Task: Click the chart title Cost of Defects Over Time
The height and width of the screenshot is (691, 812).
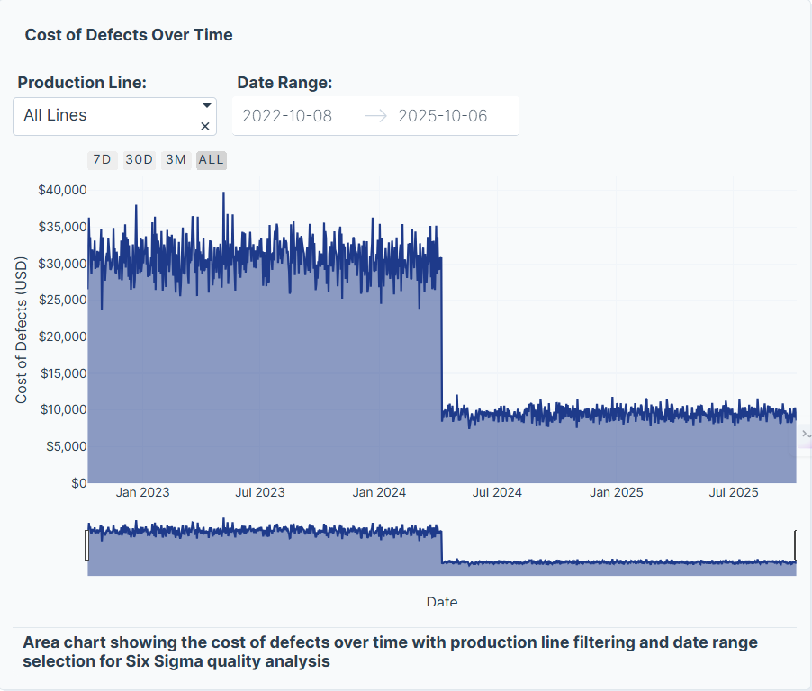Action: point(129,35)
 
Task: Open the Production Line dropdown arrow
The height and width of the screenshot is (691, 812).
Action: point(206,105)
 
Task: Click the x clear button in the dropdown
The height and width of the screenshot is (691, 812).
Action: point(205,126)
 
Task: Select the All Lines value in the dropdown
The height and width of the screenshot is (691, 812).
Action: point(56,115)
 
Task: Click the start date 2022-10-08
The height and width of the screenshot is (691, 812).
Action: point(287,116)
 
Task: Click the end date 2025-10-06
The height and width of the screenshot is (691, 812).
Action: point(443,116)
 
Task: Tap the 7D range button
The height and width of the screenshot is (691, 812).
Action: point(102,160)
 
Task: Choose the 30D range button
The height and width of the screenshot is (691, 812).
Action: point(139,160)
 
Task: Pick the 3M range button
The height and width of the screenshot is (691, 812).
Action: point(176,160)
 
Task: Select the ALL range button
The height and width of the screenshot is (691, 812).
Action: point(212,160)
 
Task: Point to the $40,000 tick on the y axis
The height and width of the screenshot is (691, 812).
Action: point(62,190)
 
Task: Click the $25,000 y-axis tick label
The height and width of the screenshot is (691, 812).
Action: point(62,300)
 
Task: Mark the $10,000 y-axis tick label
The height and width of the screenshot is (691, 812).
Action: point(62,409)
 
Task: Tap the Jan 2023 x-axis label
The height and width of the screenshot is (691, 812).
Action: point(142,492)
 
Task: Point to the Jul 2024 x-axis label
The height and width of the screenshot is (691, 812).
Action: point(497,492)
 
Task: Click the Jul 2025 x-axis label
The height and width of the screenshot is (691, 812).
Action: point(734,492)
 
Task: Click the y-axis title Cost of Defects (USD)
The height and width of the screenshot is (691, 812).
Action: point(22,330)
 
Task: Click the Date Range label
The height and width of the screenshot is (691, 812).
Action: point(284,83)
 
